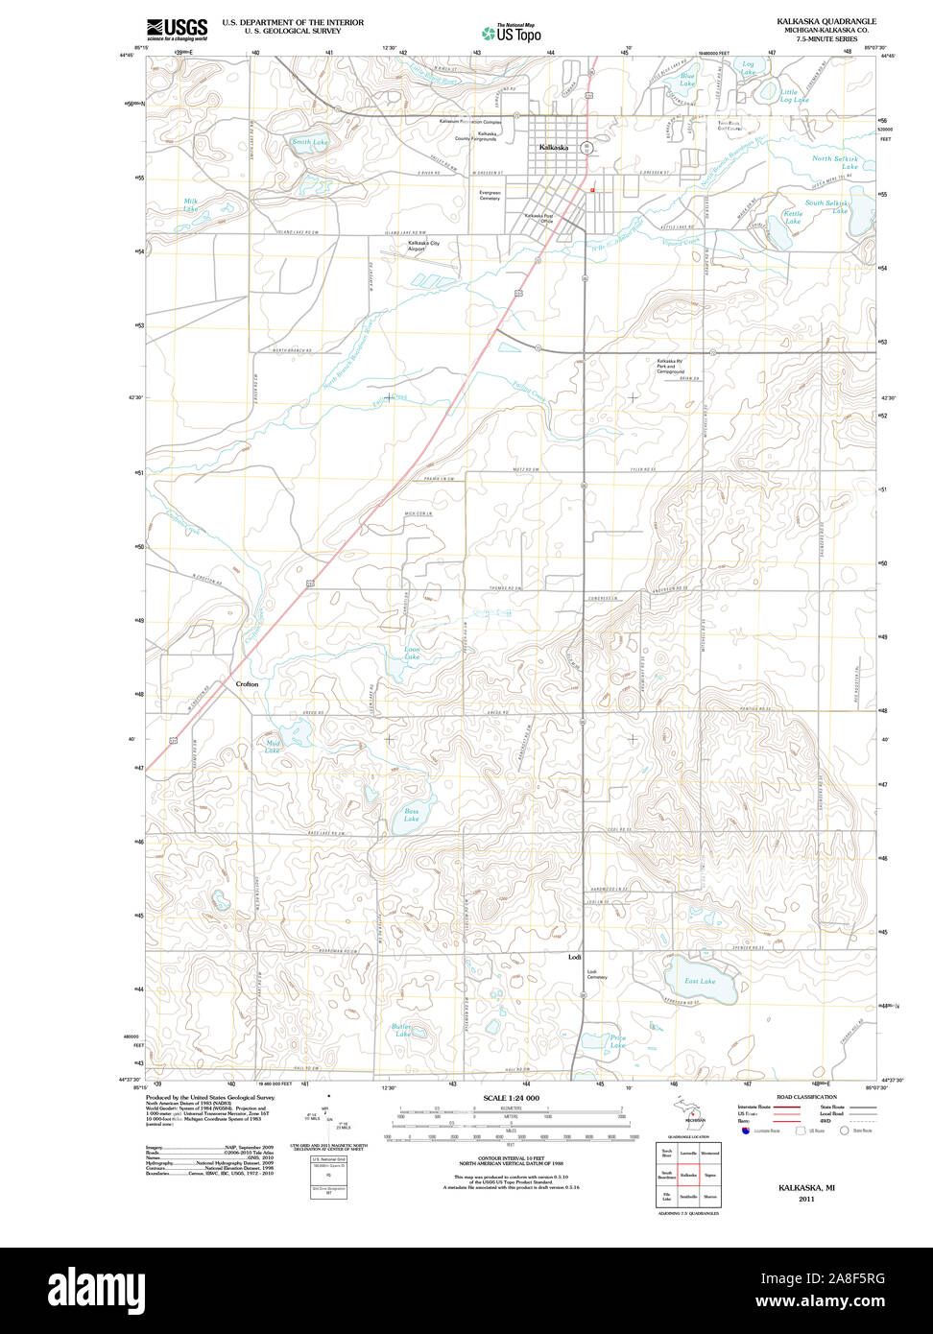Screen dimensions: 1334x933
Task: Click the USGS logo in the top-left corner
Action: pos(177,29)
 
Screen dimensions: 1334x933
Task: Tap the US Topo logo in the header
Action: pos(512,33)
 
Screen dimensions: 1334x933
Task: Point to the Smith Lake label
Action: pos(309,142)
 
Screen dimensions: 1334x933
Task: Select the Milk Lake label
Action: pos(192,204)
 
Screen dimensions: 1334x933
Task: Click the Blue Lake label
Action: pos(687,80)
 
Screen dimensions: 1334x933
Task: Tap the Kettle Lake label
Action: pos(793,217)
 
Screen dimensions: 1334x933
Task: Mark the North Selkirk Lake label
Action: pos(835,162)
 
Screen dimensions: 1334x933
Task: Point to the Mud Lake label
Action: pos(273,747)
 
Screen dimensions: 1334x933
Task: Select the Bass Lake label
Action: pos(412,815)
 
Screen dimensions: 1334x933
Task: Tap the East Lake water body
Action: pos(701,980)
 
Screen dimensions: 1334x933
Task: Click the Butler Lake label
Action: pos(401,1031)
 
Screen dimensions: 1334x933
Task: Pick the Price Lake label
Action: pos(618,1041)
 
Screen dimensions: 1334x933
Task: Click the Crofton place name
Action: pos(247,684)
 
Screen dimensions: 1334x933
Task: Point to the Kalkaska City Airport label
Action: pos(423,246)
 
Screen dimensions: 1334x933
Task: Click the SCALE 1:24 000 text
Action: pos(511,1098)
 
